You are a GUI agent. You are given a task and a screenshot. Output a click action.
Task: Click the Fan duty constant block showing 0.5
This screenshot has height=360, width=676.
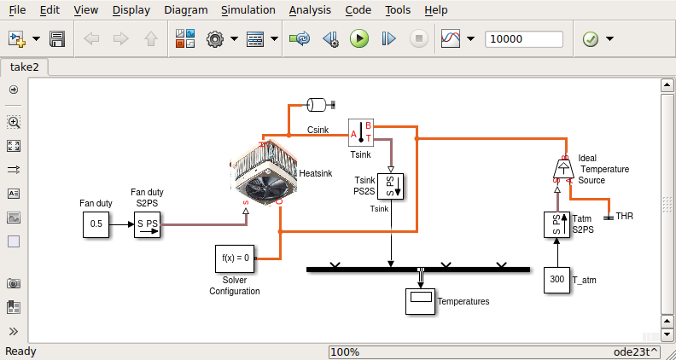(96, 224)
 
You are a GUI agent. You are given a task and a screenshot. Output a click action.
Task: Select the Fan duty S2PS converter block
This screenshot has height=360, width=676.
(147, 224)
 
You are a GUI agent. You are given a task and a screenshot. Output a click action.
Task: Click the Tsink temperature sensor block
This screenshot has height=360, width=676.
(361, 134)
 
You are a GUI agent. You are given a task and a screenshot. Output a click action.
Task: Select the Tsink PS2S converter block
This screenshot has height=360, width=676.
(391, 186)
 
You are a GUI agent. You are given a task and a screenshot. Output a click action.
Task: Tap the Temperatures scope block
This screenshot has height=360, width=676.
(420, 301)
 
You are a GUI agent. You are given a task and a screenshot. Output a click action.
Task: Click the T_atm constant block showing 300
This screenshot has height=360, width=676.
(557, 280)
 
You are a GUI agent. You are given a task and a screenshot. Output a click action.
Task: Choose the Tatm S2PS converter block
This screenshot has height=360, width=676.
(557, 225)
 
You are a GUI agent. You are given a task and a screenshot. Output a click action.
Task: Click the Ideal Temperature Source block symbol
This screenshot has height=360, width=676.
(564, 169)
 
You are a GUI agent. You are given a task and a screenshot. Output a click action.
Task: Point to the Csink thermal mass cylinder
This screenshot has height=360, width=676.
(318, 105)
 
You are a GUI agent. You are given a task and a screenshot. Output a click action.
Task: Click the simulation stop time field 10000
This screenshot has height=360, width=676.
(523, 39)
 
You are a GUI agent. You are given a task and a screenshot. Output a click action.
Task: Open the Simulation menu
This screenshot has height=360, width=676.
(248, 10)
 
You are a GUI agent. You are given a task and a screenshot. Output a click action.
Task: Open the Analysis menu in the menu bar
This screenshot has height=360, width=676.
(310, 10)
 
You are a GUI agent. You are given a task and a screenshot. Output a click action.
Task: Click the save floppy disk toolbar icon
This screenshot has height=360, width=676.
(58, 39)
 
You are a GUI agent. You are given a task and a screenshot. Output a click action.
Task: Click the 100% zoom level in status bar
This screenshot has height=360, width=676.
(345, 351)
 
